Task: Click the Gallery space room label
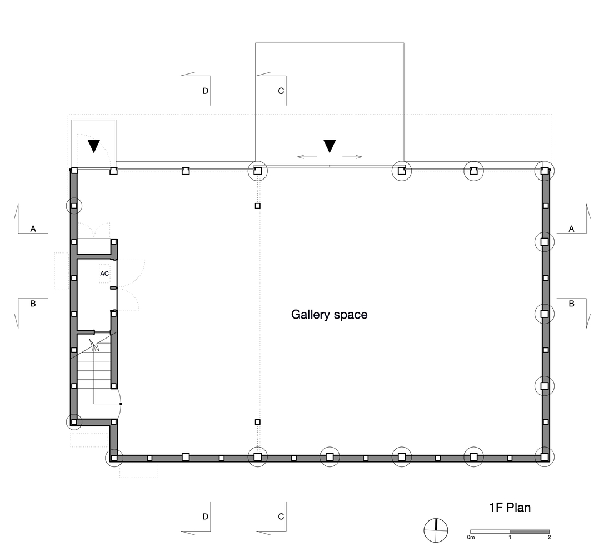(x=329, y=315)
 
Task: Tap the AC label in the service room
(x=104, y=274)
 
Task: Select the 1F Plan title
(x=510, y=508)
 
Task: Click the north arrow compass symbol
(x=436, y=530)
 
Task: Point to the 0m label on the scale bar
(x=471, y=537)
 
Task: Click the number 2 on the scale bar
(x=549, y=537)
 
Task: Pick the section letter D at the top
(x=205, y=91)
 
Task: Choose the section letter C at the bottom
(x=281, y=517)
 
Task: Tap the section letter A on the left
(x=33, y=229)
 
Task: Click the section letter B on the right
(x=571, y=304)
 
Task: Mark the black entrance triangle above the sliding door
(x=330, y=146)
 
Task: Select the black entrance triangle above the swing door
(x=93, y=146)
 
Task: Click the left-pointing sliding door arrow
(x=307, y=157)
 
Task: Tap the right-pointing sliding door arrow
(x=352, y=157)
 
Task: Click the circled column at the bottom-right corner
(x=544, y=457)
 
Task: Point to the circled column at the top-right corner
(x=545, y=171)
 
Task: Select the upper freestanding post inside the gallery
(x=258, y=206)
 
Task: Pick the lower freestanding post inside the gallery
(x=258, y=422)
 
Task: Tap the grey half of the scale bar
(x=530, y=532)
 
